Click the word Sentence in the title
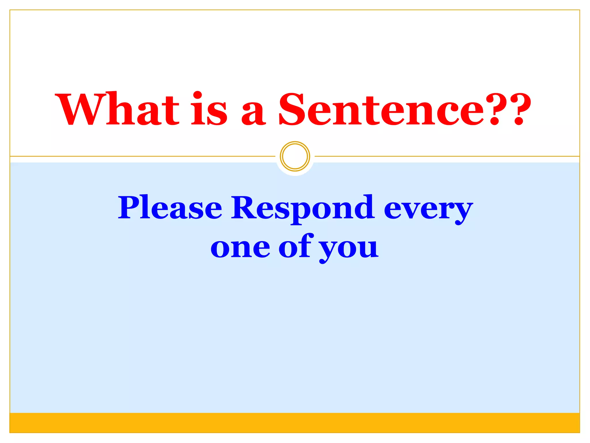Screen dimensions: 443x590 tap(382, 110)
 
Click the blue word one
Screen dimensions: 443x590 tap(240, 248)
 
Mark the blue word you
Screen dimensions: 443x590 tap(349, 249)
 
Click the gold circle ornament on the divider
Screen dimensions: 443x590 tap(295, 156)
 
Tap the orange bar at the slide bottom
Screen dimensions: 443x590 tap(295, 423)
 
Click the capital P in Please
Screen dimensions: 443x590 tap(131, 207)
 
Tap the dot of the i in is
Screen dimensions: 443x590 tap(198, 95)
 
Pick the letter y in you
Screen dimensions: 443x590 tap(328, 251)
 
